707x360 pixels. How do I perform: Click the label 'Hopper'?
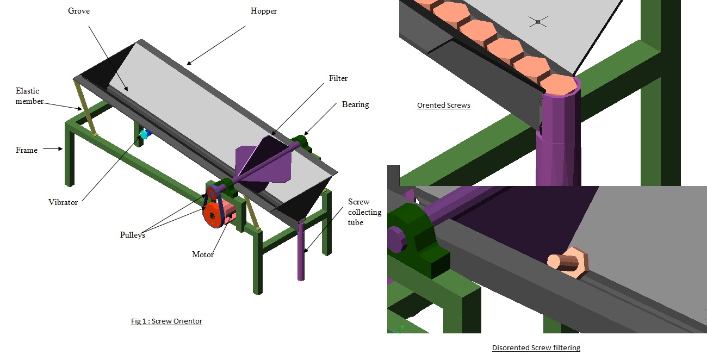264,11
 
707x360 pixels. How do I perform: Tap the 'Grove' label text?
78,11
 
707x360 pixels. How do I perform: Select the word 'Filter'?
338,78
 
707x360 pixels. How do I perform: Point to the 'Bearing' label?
355,104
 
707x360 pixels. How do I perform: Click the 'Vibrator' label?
63,202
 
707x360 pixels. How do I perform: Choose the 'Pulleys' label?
133,235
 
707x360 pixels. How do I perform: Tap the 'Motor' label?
203,255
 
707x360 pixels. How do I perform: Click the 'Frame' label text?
27,150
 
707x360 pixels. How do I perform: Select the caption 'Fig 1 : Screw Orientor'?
166,321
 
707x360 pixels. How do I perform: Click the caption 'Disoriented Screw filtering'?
536,348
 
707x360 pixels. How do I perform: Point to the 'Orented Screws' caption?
443,105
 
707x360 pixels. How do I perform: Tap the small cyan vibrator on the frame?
144,134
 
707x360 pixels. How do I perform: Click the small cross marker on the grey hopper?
537,22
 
